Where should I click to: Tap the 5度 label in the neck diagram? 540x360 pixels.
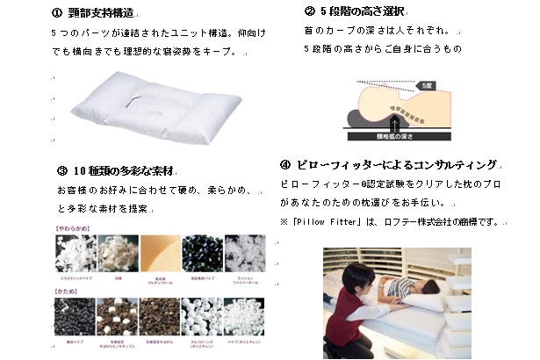426,86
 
